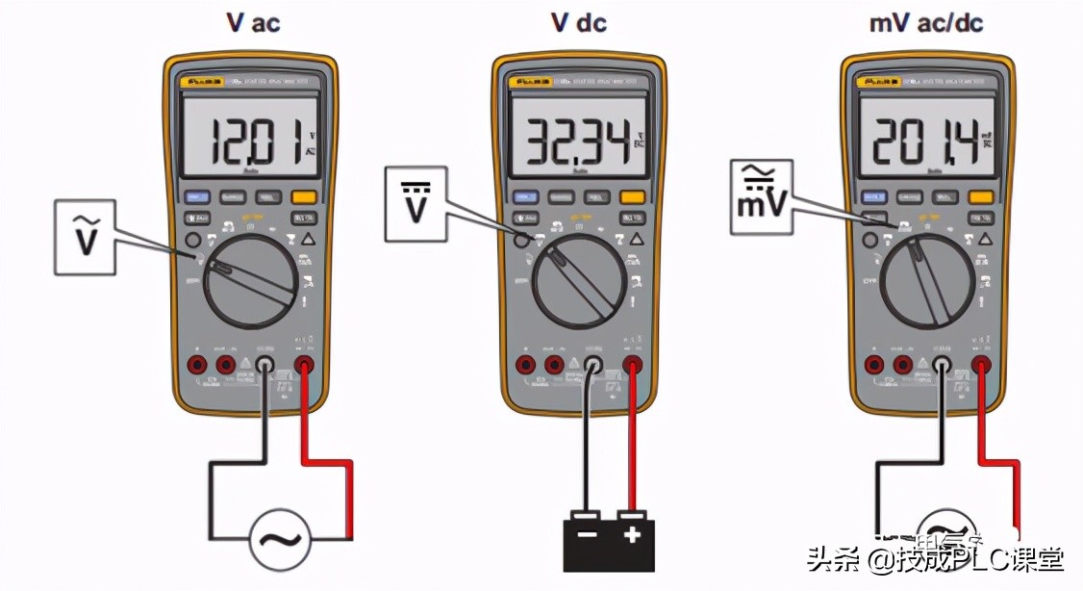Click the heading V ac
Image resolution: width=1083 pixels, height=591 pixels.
click(252, 21)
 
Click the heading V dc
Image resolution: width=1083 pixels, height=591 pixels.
click(578, 21)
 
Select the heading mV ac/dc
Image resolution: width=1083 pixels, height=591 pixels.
click(926, 21)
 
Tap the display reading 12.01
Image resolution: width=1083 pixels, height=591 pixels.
click(251, 141)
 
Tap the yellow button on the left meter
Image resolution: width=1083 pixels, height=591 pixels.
click(305, 196)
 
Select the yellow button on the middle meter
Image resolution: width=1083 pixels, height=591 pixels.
click(633, 197)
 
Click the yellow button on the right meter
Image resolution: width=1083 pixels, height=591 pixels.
click(981, 197)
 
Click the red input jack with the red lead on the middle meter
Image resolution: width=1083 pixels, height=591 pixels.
click(632, 365)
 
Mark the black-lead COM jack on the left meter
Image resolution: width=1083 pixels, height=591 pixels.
click(264, 365)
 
